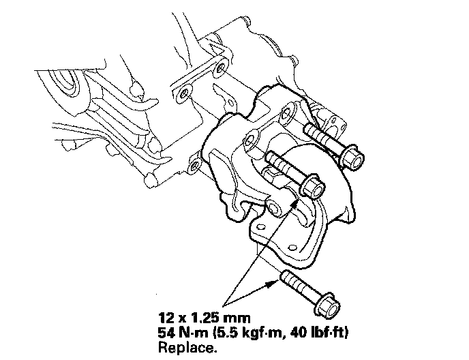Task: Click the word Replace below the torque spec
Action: (x=186, y=348)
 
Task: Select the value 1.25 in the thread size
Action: (x=206, y=317)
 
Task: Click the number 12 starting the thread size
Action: (x=166, y=317)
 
